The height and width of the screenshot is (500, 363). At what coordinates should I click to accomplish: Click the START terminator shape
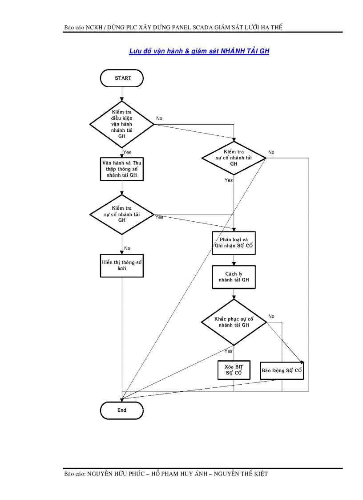point(122,78)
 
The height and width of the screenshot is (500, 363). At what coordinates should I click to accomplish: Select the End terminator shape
point(122,410)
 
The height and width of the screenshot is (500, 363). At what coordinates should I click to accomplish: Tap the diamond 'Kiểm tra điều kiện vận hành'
point(122,124)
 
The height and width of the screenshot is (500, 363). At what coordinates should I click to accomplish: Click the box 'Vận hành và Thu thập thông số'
point(122,169)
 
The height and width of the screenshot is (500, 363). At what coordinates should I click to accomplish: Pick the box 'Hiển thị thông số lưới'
point(122,266)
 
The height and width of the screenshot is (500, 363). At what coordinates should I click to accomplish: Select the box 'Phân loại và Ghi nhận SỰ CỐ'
point(234,243)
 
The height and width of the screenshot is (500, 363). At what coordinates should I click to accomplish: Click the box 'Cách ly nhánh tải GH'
point(234,277)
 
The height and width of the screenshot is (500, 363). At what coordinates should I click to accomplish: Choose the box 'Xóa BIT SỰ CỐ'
point(234,370)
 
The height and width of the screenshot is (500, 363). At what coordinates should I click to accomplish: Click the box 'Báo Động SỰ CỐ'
point(282,370)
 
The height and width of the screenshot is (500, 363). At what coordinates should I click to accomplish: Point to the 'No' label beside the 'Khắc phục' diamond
point(271,317)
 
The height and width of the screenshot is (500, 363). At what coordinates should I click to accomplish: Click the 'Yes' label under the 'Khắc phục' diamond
point(228,351)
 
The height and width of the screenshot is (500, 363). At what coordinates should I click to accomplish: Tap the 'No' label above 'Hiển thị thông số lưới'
point(127,248)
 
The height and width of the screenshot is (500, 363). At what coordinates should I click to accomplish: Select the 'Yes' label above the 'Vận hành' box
point(127,152)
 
